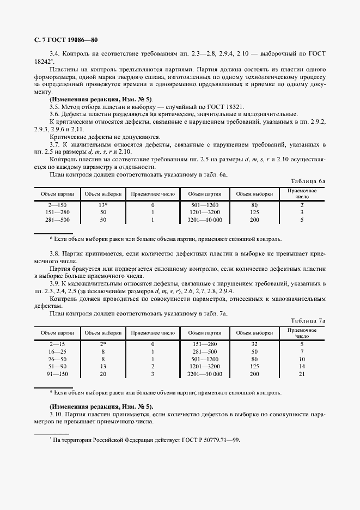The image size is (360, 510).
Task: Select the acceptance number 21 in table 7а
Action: [301, 375]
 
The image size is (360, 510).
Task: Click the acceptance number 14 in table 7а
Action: [301, 367]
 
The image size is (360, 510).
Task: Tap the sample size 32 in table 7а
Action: [254, 344]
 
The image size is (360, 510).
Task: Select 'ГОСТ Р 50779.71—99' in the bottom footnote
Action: [210, 440]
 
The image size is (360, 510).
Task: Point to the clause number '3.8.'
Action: [55, 254]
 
